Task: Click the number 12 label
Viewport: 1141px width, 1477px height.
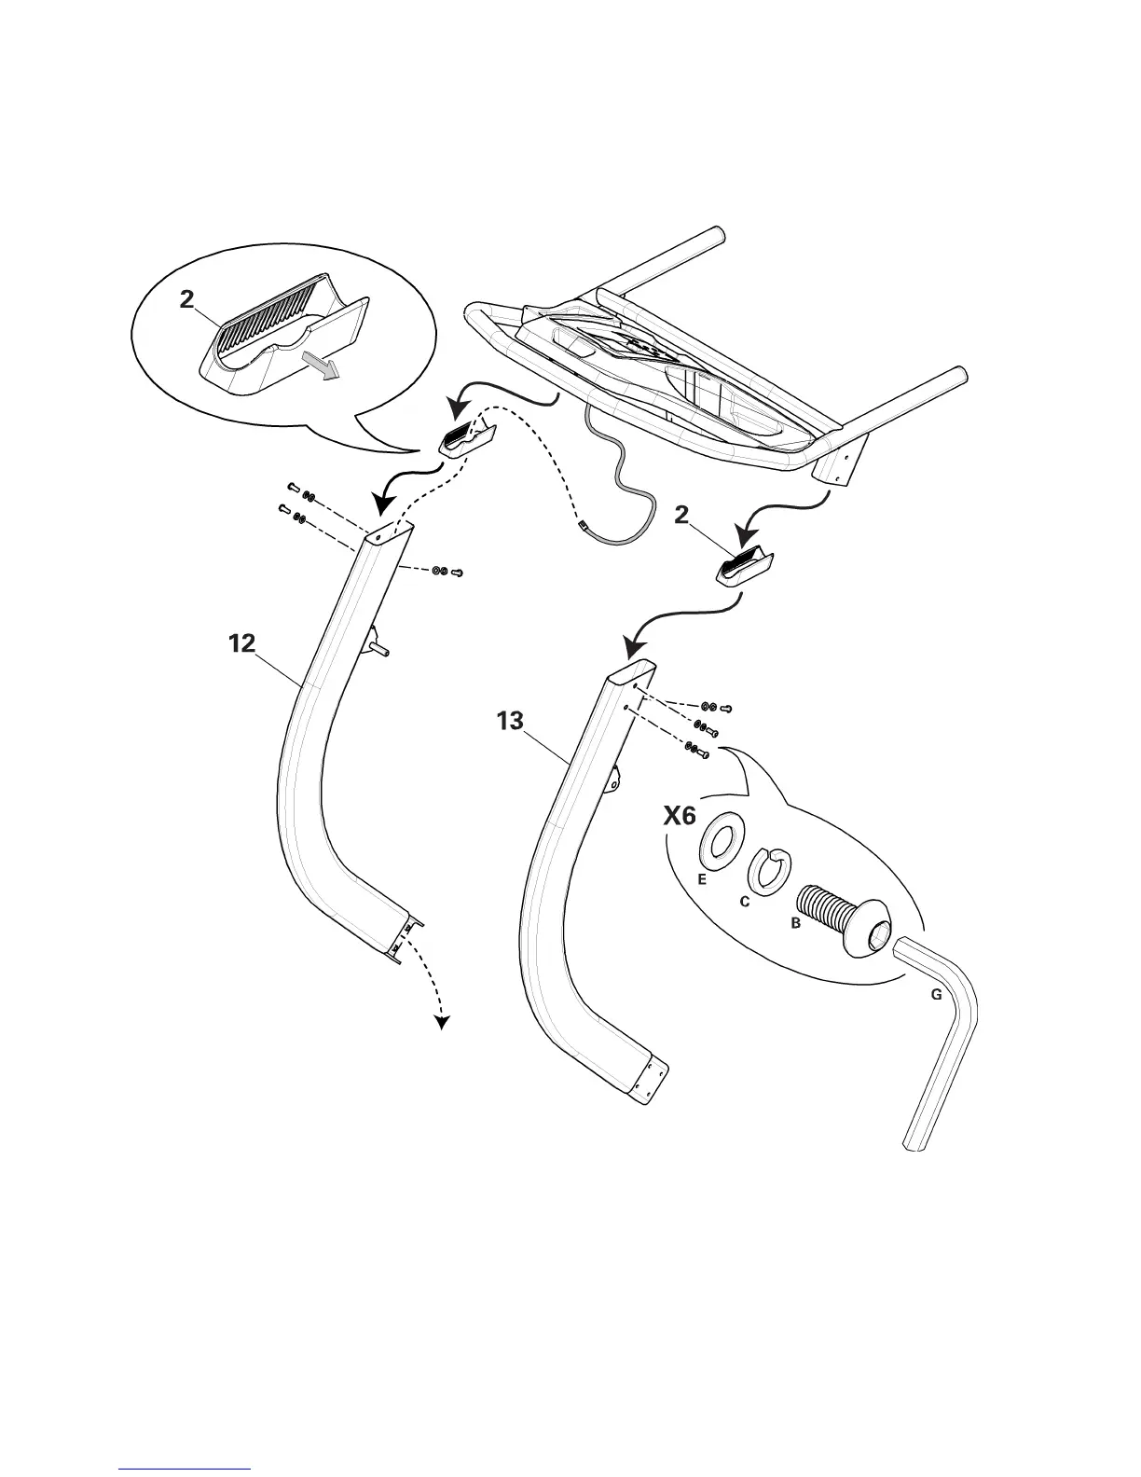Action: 241,643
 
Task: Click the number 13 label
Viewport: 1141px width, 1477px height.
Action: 510,722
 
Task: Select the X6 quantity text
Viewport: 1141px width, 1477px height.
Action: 680,816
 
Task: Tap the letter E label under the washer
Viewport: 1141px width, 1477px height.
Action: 702,879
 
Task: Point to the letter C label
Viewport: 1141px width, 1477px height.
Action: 745,902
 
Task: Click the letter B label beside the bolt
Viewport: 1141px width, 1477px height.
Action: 795,924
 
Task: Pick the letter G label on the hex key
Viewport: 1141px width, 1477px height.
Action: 937,995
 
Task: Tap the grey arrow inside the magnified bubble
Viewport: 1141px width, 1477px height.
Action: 322,368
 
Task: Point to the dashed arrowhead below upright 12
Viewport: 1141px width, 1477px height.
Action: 442,1023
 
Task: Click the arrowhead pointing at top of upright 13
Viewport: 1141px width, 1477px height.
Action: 637,645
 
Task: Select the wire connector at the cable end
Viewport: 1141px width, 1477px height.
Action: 584,529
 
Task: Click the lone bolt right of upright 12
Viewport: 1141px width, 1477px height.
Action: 457,573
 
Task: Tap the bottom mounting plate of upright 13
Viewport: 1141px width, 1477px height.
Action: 649,1083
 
